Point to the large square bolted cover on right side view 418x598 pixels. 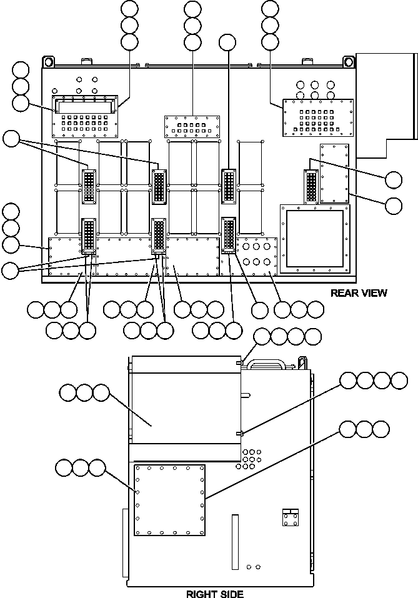pyautogui.click(x=170, y=500)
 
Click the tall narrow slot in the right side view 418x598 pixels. pyautogui.click(x=235, y=542)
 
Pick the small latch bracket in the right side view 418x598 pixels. pyautogui.click(x=290, y=517)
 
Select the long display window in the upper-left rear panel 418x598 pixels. pyautogui.click(x=85, y=107)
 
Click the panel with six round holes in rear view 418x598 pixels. pyautogui.click(x=256, y=253)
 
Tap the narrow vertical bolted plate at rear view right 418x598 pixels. pyautogui.click(x=334, y=173)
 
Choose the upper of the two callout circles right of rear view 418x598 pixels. pyautogui.click(x=394, y=180)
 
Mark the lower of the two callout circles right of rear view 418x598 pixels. pyautogui.click(x=394, y=205)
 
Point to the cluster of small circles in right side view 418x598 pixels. pyautogui.click(x=250, y=458)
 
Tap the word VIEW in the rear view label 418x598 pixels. pyautogui.click(x=372, y=292)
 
